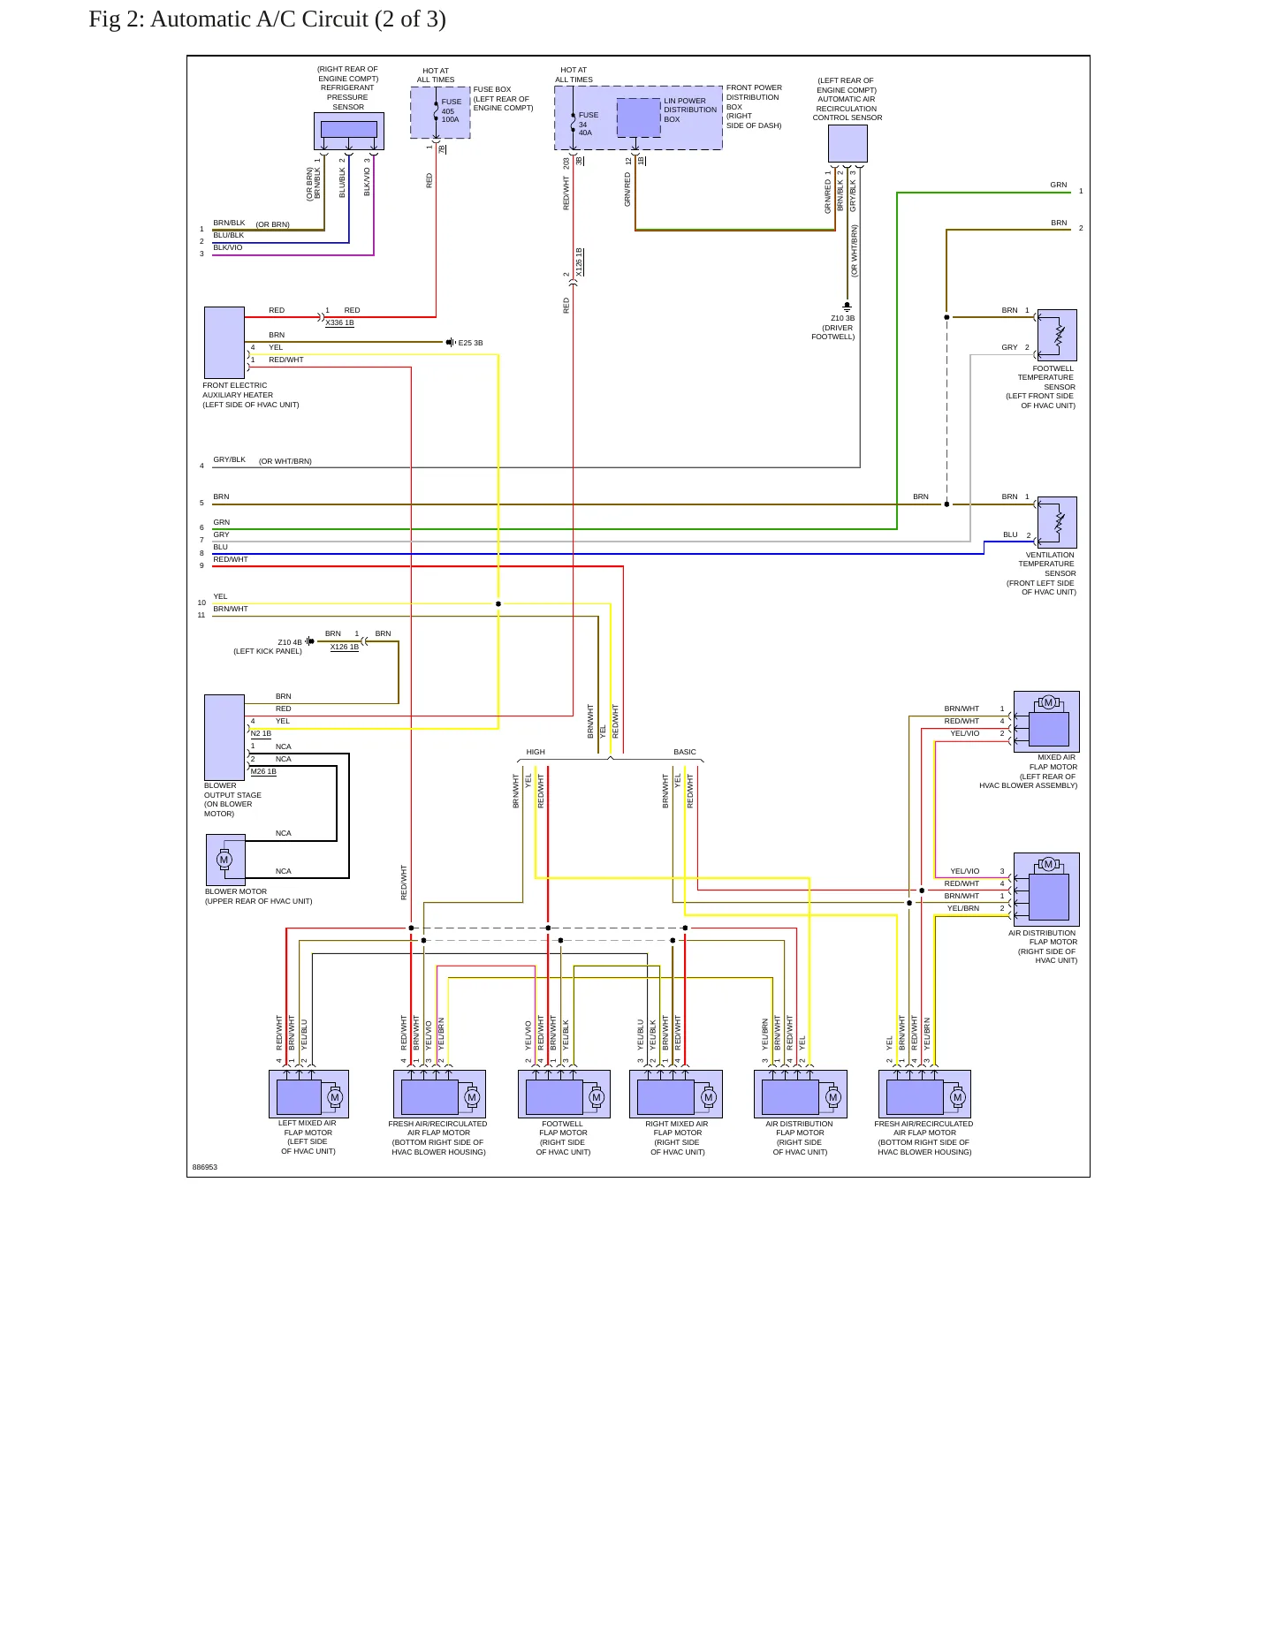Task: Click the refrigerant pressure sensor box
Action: (x=349, y=131)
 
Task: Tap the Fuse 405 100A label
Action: (x=451, y=110)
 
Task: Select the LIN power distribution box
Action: (x=638, y=117)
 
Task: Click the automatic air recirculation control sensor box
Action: (x=848, y=143)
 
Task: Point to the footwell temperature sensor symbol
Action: (x=1057, y=335)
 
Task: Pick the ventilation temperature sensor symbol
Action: (x=1057, y=522)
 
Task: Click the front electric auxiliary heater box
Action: (x=224, y=343)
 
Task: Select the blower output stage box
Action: (x=224, y=737)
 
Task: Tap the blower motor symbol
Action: (x=225, y=860)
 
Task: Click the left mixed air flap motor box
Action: (x=308, y=1094)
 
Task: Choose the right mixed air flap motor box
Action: (x=676, y=1094)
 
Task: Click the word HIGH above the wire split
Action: (x=536, y=752)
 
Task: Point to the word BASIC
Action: (x=685, y=752)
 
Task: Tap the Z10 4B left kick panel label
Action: (x=268, y=647)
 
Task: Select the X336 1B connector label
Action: (x=339, y=323)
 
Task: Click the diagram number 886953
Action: (x=205, y=1167)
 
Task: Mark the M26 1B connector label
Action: (x=263, y=771)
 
